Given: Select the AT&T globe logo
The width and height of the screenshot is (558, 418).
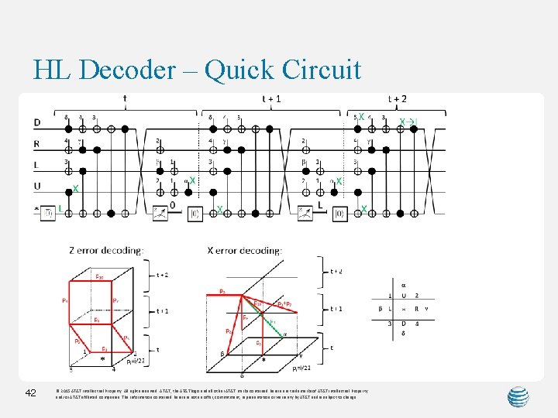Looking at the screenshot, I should [518, 397].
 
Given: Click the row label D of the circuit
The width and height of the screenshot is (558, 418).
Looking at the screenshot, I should [37, 123].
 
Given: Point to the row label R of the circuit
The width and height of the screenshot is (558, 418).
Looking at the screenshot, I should [37, 144].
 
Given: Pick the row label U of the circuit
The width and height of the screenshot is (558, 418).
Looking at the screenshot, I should [37, 186].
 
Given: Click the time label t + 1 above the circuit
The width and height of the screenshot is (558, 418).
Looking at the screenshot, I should [271, 99].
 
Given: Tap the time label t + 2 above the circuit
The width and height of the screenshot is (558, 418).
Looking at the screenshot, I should [397, 99].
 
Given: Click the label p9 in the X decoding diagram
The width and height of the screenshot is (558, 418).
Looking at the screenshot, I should [222, 292].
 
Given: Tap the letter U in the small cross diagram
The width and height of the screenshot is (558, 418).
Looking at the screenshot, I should [402, 295].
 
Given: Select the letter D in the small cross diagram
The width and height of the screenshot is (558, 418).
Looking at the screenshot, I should [402, 323].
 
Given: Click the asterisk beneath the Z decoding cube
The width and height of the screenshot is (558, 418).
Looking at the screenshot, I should [102, 359].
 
